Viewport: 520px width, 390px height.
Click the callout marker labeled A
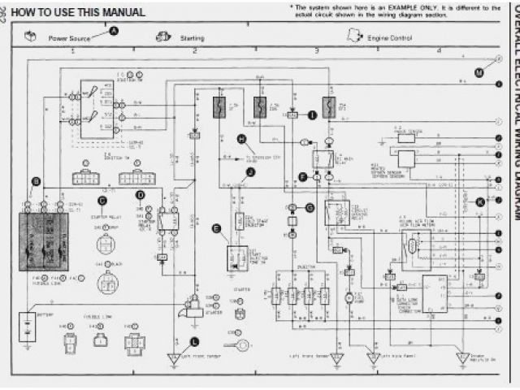click(x=114, y=31)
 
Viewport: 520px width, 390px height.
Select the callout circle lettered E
click(x=216, y=229)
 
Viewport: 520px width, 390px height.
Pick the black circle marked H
click(x=241, y=139)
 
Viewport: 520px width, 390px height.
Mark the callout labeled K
click(x=479, y=201)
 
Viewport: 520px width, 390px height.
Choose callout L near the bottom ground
click(x=193, y=341)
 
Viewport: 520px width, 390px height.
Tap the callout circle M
click(x=479, y=95)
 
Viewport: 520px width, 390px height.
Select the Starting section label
click(x=192, y=38)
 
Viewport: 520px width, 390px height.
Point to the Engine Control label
click(x=384, y=38)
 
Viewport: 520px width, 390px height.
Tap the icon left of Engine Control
click(x=353, y=36)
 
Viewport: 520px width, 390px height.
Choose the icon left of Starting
click(x=162, y=37)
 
